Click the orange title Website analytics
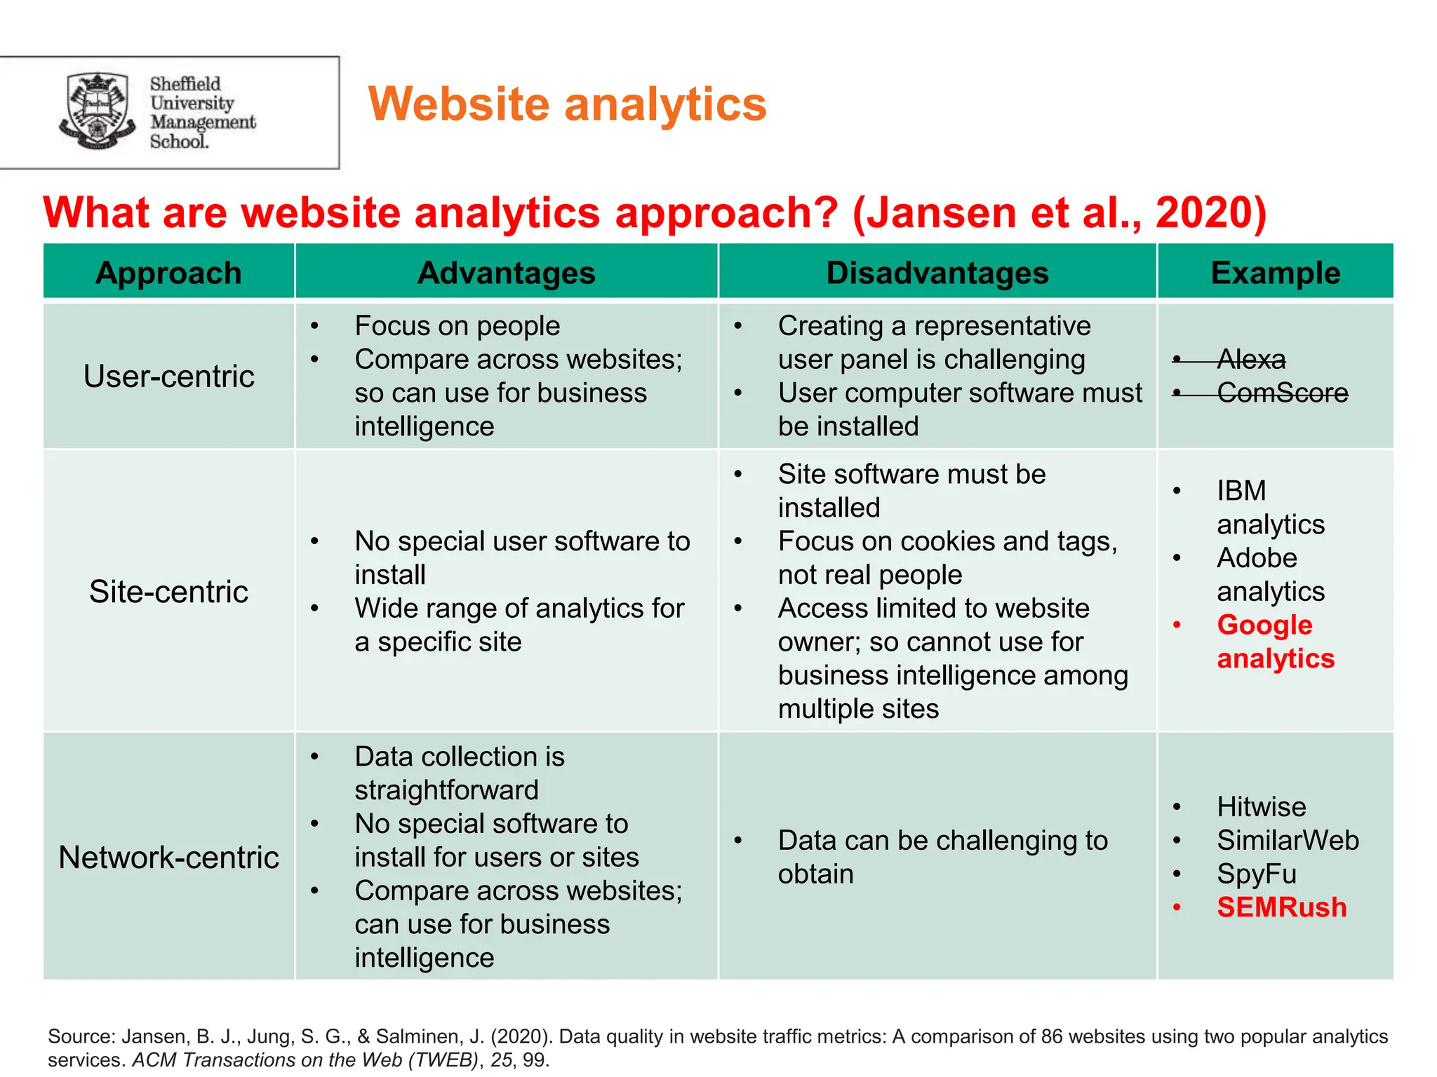[x=567, y=104]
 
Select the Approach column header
[x=168, y=273]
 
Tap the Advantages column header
[x=506, y=273]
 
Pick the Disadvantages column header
[x=937, y=273]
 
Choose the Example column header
[x=1275, y=273]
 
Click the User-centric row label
[x=168, y=377]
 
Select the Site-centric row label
[x=168, y=592]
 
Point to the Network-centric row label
[x=168, y=858]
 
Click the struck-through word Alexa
[x=1251, y=360]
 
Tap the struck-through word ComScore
[x=1282, y=393]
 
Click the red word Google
[x=1264, y=625]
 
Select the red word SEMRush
[x=1281, y=907]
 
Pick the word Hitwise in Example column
[x=1261, y=807]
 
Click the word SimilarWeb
[x=1288, y=840]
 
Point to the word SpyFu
[x=1256, y=874]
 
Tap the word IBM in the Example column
[x=1241, y=491]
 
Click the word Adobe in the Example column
[x=1257, y=558]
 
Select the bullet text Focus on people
[x=457, y=326]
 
